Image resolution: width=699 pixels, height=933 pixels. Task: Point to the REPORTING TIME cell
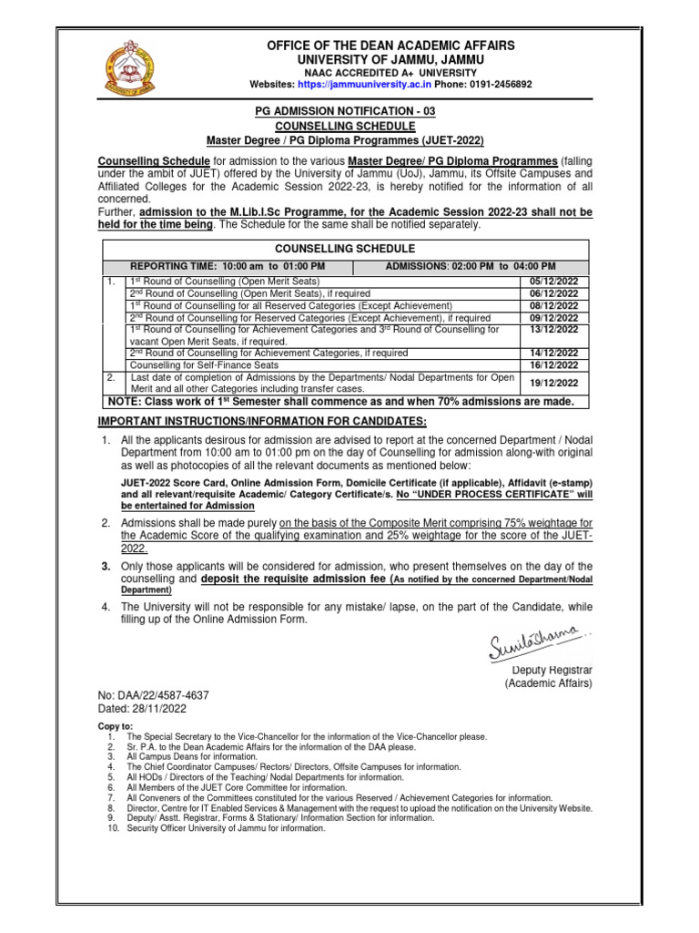pyautogui.click(x=228, y=265)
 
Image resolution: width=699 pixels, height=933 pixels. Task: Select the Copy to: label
pyautogui.click(x=116, y=726)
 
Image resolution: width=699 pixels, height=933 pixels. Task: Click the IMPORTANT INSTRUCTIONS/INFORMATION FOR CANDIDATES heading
pyautogui.click(x=261, y=420)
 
